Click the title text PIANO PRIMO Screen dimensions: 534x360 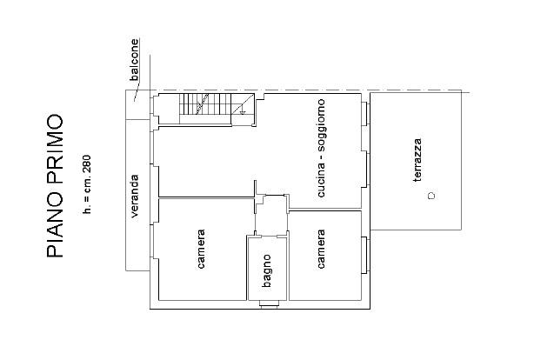[x=55, y=186]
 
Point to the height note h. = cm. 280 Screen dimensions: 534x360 [x=87, y=184]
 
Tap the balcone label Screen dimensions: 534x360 [x=135, y=60]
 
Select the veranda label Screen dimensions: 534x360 [x=135, y=196]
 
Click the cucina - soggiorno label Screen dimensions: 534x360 [x=321, y=148]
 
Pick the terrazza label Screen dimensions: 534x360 [x=417, y=160]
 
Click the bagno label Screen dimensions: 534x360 [x=267, y=270]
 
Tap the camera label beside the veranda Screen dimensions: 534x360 [x=201, y=249]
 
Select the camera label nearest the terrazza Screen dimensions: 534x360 [x=321, y=249]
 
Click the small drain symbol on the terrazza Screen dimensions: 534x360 [x=431, y=196]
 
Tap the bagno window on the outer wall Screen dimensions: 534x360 [x=270, y=304]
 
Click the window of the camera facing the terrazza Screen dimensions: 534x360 [x=364, y=255]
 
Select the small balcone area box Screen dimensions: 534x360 [x=138, y=104]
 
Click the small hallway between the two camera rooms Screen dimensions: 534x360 [x=271, y=215]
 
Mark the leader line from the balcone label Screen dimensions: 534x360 [x=137, y=91]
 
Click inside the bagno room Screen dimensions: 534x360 [x=267, y=269]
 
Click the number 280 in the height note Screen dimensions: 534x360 [x=87, y=162]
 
